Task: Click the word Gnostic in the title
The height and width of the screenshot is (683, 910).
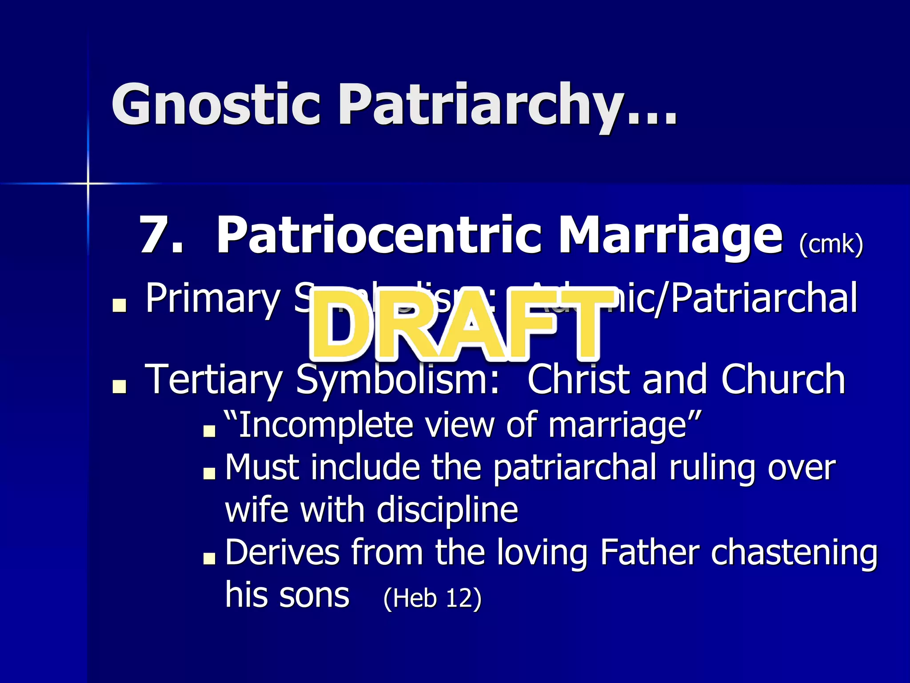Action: pyautogui.click(x=216, y=104)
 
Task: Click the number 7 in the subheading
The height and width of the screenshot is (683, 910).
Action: pyautogui.click(x=153, y=235)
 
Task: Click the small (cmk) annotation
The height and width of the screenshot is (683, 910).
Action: pyautogui.click(x=830, y=244)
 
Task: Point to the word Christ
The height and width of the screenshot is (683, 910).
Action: pyautogui.click(x=580, y=379)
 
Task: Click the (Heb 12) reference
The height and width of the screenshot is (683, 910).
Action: pyautogui.click(x=432, y=598)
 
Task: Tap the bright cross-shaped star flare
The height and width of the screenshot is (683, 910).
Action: pyautogui.click(x=88, y=183)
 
